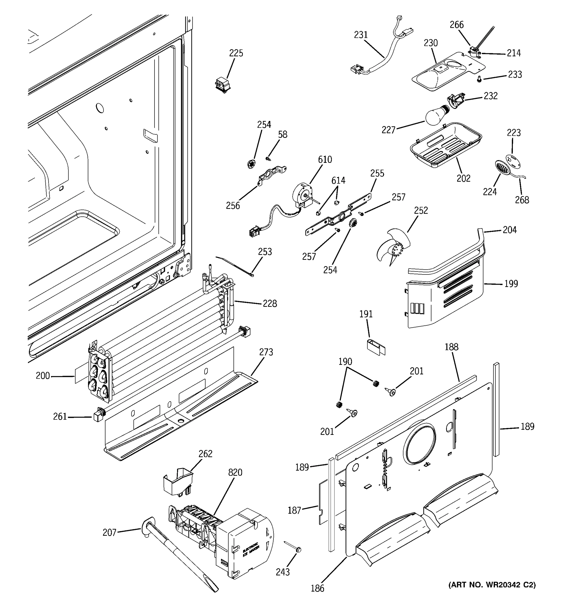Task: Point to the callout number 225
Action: tap(236, 53)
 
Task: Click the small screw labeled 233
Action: tap(479, 79)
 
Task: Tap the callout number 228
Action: tap(270, 303)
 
